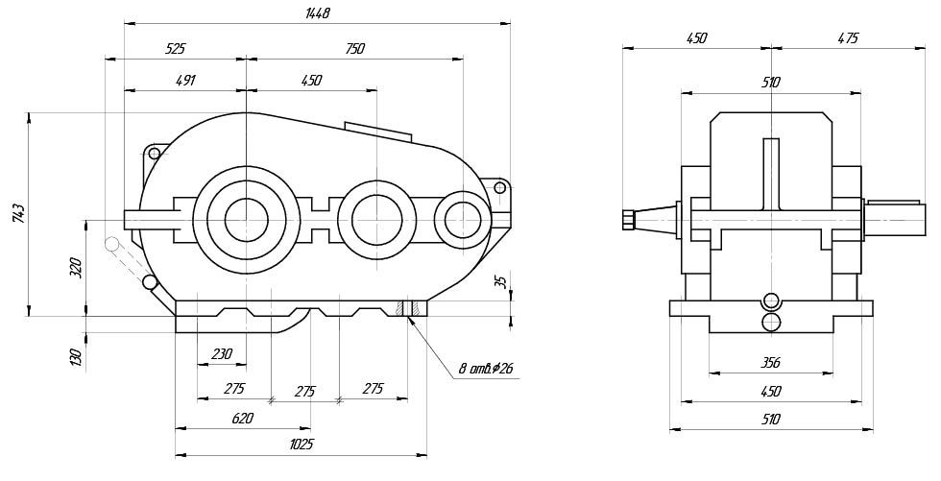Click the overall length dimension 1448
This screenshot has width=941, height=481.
(318, 13)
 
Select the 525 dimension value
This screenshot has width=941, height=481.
(175, 47)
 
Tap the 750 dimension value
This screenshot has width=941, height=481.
(354, 47)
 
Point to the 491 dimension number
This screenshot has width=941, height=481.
(185, 81)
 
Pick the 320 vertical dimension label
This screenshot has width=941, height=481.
(77, 268)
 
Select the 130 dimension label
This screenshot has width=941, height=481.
(77, 357)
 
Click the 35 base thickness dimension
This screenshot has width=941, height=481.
(498, 282)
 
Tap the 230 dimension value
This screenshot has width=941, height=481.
(221, 354)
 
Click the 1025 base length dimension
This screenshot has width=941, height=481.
(302, 445)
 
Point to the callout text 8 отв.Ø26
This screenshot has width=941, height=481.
(485, 368)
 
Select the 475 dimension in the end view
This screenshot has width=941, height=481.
(847, 38)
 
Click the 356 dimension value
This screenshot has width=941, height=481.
(770, 362)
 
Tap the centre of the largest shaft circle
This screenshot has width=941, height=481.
(246, 220)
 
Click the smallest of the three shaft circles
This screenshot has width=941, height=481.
(464, 220)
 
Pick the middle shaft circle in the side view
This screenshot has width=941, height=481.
(371, 220)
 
